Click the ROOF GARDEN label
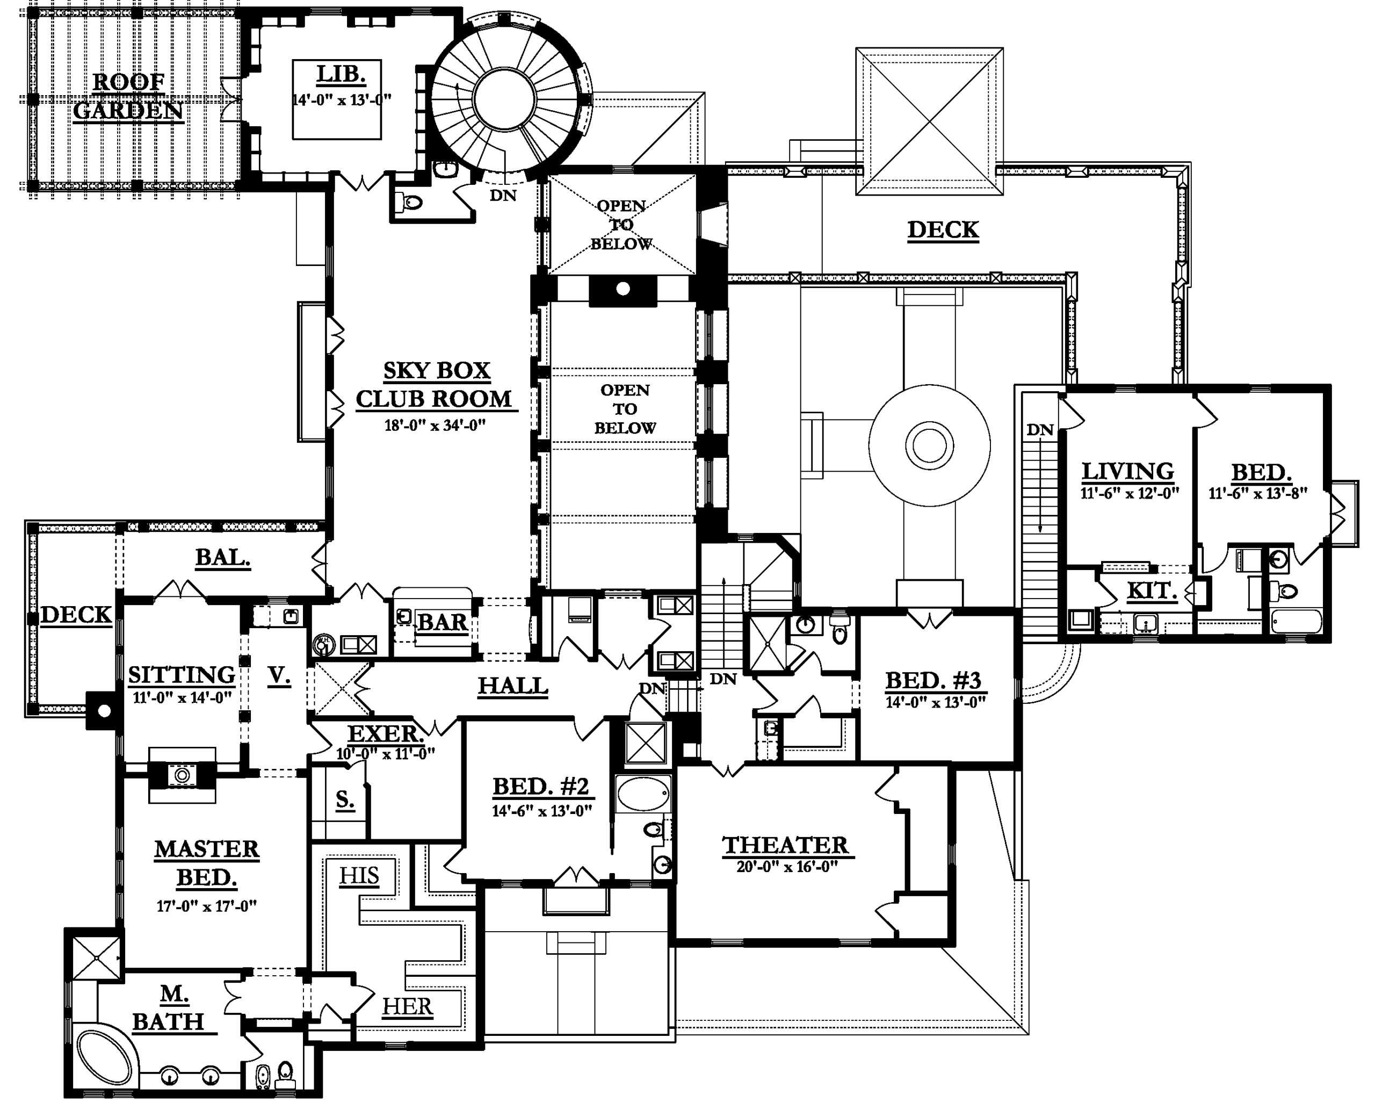(128, 96)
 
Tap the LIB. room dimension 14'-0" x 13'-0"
(341, 100)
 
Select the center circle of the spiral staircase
(504, 100)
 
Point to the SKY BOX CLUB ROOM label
(435, 385)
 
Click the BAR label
(442, 622)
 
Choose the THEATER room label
(785, 846)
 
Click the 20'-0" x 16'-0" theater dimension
(786, 867)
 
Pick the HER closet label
(407, 1006)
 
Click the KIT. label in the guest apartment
(1151, 591)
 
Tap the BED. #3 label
(933, 681)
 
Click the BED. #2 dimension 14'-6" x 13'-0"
(541, 811)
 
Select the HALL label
(513, 686)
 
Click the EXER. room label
(385, 734)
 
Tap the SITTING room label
(182, 675)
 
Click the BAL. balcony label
(222, 558)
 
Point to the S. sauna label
(344, 799)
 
